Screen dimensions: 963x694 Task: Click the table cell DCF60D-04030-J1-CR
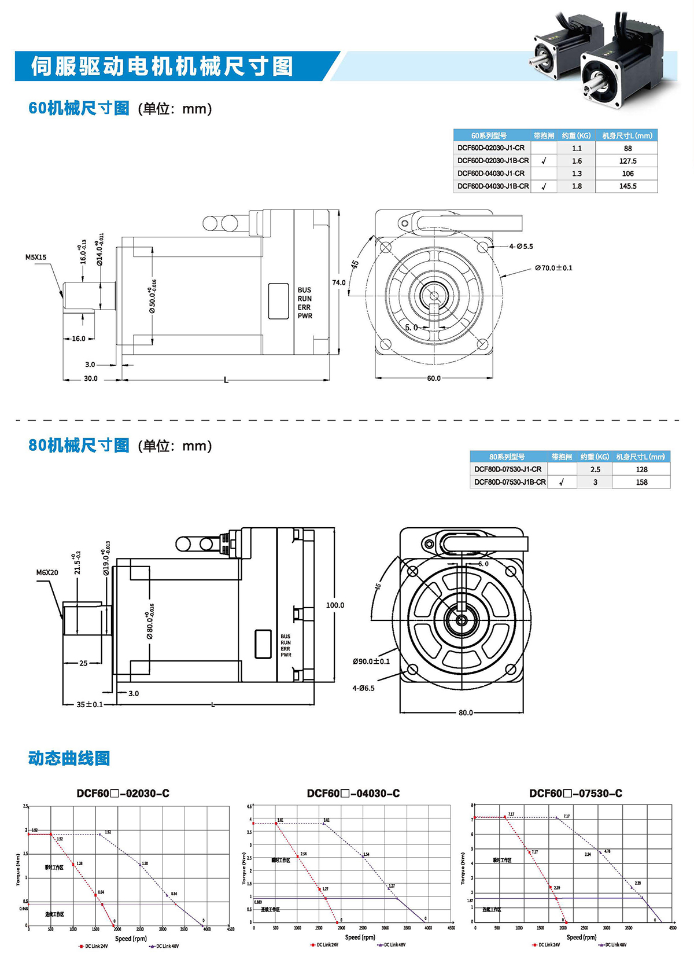491,174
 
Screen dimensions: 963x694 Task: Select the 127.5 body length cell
627,161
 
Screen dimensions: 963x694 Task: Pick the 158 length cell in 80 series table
641,482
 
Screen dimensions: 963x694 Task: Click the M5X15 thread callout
36,258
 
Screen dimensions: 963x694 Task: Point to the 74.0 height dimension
338,283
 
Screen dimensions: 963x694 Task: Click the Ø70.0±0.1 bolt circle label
553,268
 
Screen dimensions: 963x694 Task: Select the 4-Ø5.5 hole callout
521,247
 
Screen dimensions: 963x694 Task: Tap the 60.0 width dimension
434,378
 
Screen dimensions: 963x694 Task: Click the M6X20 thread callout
47,572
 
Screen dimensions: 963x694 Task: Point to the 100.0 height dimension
335,605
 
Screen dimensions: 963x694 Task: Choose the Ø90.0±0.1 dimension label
371,661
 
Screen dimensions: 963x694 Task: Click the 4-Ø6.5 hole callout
363,688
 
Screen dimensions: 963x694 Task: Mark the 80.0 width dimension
466,712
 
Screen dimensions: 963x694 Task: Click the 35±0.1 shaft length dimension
90,704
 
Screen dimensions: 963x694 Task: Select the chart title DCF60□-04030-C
353,793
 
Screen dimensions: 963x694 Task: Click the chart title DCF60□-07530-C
575,793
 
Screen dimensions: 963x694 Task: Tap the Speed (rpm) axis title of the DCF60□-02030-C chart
131,939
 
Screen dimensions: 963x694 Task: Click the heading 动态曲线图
69,758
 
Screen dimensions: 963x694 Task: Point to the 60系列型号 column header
489,135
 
